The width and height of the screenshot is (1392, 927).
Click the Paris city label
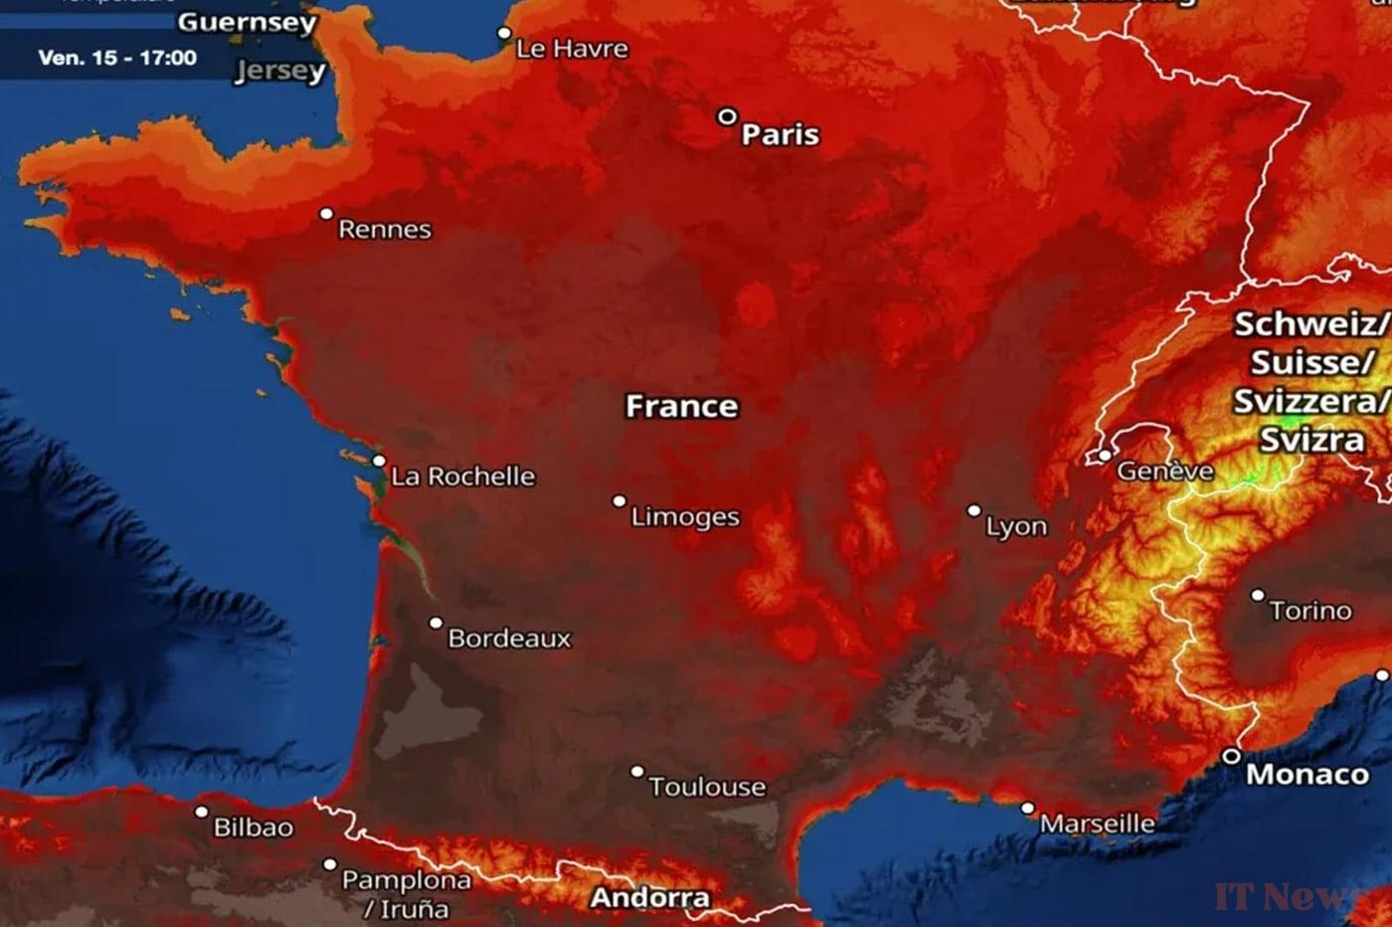[x=781, y=134]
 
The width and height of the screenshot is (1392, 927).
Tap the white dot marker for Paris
[x=728, y=117]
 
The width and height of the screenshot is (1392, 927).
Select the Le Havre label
[x=572, y=49]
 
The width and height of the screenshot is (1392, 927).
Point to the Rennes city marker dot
[x=326, y=214]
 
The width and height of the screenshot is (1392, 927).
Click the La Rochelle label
[x=463, y=476]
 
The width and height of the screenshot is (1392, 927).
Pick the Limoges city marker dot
[x=619, y=501]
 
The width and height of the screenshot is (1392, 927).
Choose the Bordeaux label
[x=510, y=638]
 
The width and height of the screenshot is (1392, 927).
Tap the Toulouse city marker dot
[x=637, y=771]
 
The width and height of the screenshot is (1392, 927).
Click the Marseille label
[x=1098, y=824]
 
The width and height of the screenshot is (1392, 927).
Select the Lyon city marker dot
[x=974, y=510]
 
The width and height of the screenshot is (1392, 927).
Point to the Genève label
[x=1165, y=470]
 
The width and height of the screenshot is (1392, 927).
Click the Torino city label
[x=1310, y=610]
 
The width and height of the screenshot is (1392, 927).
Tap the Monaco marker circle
[x=1231, y=756]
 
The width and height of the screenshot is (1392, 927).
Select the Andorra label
[x=650, y=898]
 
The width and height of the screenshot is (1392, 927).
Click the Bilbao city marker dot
[x=202, y=813]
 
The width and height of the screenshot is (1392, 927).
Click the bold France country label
[x=681, y=406]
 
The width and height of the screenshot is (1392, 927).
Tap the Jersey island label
[x=280, y=71]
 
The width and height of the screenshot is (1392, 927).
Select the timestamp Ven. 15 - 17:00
[x=117, y=58]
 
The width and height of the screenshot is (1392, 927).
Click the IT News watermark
[x=1288, y=896]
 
